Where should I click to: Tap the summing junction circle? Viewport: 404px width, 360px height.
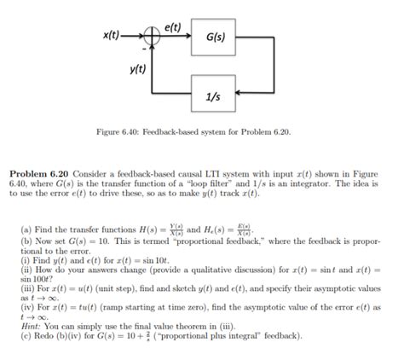[x=153, y=38]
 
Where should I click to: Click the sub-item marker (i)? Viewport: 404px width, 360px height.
[x=14, y=261]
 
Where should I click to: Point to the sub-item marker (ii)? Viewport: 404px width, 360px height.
[x=15, y=270]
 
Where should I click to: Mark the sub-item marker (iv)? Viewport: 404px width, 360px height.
[x=16, y=307]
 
